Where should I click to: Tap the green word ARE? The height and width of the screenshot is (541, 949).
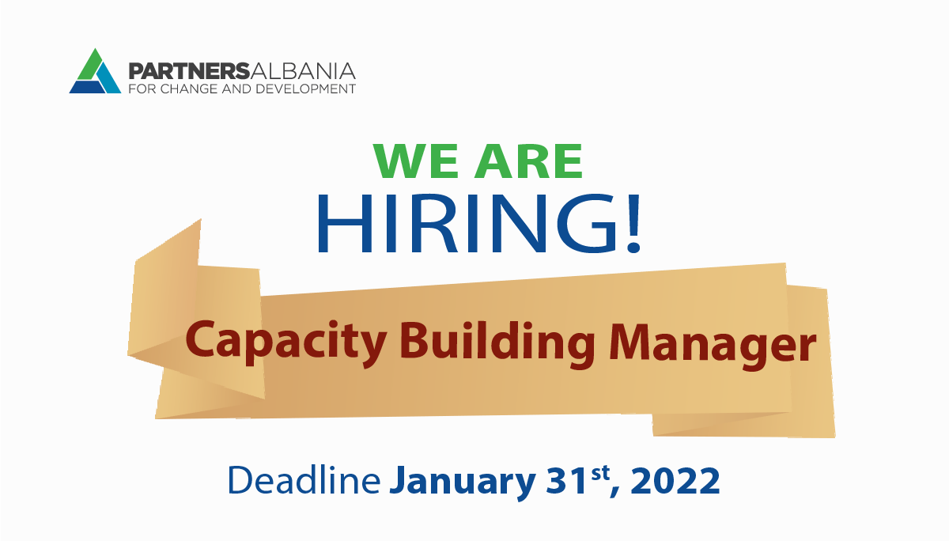528,161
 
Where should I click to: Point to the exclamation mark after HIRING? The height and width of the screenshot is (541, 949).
633,223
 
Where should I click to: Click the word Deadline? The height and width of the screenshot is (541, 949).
304,480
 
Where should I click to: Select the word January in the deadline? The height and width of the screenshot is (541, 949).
462,483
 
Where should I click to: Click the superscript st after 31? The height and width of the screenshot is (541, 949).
600,473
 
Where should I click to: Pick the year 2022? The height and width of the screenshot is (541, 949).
675,481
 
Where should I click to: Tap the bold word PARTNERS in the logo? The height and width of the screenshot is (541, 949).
188,71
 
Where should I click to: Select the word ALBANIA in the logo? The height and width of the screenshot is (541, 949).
302,71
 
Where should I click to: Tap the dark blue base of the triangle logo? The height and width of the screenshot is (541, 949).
87,87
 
